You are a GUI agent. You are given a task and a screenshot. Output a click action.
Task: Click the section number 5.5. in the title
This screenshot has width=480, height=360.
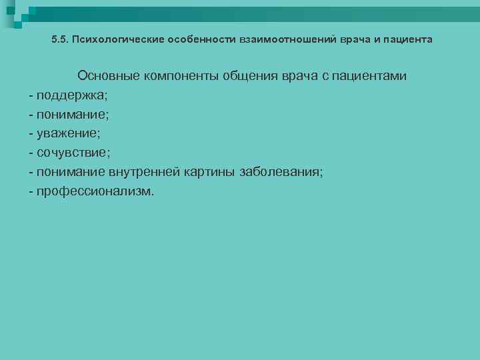click(x=60, y=39)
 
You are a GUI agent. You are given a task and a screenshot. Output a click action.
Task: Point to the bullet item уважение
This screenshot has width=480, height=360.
click(x=68, y=133)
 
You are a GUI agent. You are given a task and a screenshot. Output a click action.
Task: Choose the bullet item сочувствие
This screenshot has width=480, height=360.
click(x=72, y=153)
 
